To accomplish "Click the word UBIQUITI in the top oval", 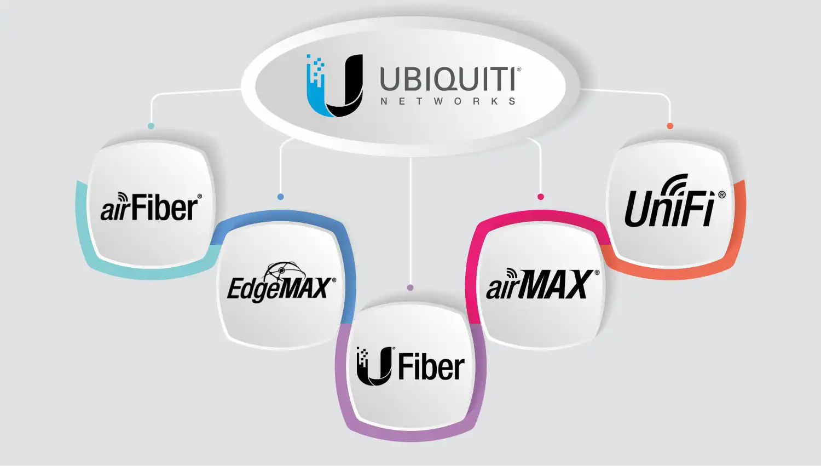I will coord(448,79).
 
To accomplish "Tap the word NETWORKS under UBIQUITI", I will coord(448,101).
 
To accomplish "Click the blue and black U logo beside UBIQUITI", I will coord(334,85).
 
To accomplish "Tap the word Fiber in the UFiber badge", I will coord(431,366).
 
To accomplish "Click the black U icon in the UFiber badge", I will coord(374,366).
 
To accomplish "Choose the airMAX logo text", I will coord(539,285).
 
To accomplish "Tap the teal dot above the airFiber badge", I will coord(151,126).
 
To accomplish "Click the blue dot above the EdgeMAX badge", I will coord(281,197).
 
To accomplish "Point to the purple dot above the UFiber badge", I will coord(410,287).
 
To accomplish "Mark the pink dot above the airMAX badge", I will coord(541,197).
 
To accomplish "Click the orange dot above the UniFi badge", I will coord(670,126).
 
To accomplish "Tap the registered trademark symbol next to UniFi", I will coord(722,195).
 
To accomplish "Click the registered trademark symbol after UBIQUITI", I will coord(519,70).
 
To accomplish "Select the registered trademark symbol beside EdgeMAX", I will coord(334,280).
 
